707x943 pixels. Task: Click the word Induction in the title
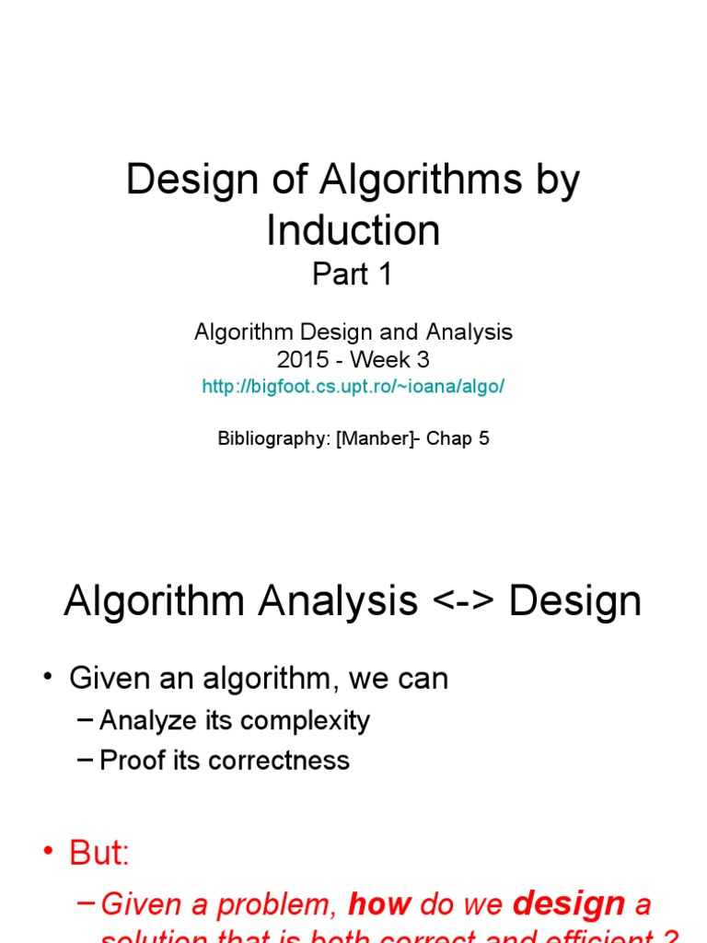pos(353,230)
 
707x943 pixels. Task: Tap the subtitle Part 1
pos(353,274)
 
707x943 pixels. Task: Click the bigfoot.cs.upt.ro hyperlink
pos(353,387)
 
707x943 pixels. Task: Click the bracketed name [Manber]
pos(376,438)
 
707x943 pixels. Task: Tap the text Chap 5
pos(458,438)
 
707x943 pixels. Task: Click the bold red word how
pos(379,905)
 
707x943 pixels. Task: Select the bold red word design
pos(569,905)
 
